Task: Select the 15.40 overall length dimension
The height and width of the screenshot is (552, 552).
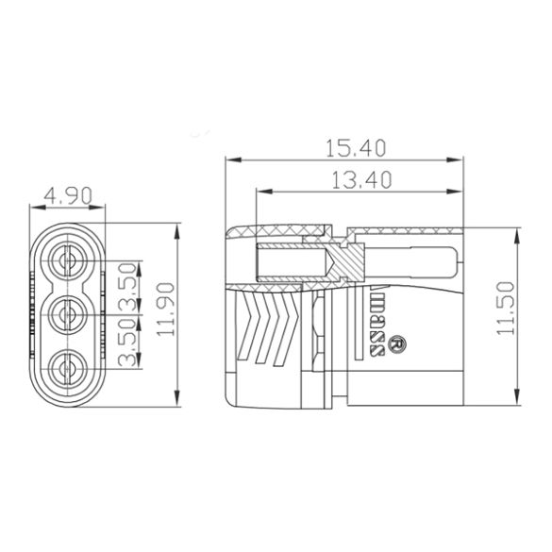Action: [x=354, y=149]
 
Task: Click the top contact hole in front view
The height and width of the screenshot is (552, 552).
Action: [x=69, y=260]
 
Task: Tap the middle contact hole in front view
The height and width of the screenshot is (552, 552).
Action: [x=69, y=310]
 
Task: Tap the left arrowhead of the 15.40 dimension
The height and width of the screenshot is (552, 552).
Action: [x=229, y=159]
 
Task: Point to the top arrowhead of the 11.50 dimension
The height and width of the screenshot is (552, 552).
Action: [x=518, y=232]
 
